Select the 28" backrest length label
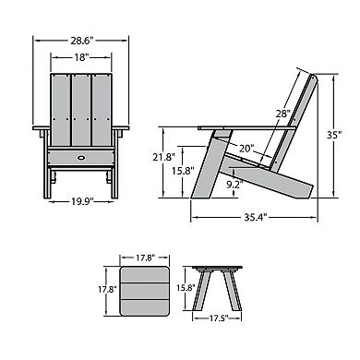click(282, 113)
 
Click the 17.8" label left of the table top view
click(107, 289)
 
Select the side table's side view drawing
click(220, 287)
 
